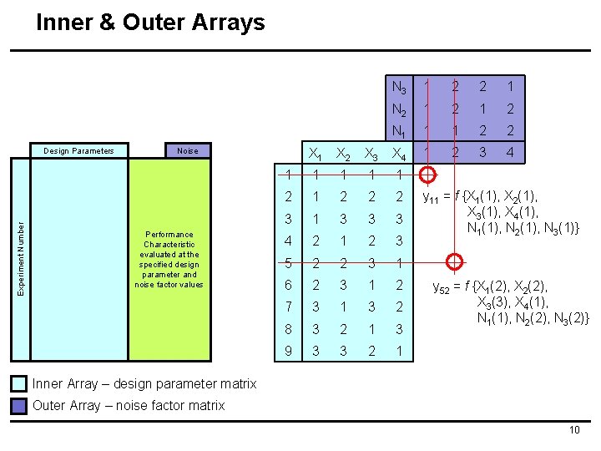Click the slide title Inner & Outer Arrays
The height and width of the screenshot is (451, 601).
(150, 23)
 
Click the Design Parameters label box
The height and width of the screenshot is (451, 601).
(81, 151)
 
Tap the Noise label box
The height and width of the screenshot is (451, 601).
(187, 151)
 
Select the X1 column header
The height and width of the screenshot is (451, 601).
(316, 154)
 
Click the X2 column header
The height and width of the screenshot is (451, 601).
(343, 154)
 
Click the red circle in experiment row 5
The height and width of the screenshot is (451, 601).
(454, 262)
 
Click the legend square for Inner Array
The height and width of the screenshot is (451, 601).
(18, 384)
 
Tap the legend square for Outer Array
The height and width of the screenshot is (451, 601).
(18, 406)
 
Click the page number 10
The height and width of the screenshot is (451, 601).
(573, 430)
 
